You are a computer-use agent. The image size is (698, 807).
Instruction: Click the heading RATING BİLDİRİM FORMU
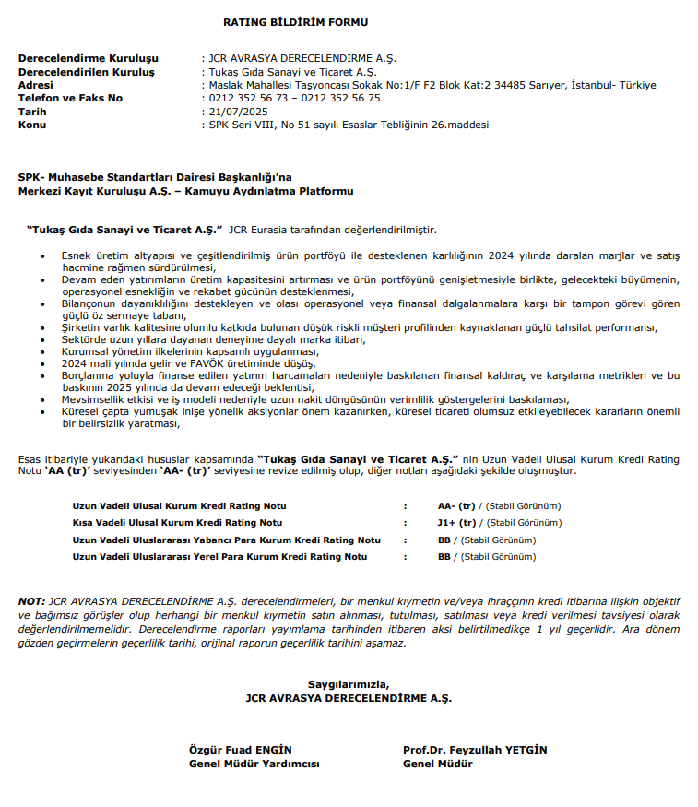295,21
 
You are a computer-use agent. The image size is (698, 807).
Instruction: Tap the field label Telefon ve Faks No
70,98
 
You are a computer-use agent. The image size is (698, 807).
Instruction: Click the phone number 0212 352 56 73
248,98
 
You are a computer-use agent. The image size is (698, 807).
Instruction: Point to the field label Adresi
36,85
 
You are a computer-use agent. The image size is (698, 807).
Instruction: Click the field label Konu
32,125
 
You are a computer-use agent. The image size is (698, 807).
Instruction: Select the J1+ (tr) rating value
456,523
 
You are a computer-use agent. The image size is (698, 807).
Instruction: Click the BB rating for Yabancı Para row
444,540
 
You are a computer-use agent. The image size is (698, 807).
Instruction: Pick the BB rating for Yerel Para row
444,557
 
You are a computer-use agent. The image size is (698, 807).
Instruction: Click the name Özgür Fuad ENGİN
240,750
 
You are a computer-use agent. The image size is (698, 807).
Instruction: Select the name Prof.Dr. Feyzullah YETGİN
475,750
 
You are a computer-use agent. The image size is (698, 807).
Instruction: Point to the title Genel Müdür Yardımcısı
254,764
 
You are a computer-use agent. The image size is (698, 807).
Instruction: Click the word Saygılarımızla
349,684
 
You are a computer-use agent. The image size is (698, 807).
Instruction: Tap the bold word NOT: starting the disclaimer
31,601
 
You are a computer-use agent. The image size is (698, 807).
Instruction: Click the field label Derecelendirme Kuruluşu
89,58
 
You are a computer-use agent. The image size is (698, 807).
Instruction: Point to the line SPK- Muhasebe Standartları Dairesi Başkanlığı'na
156,178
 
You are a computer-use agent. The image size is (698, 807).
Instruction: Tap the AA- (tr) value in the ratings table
456,506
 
